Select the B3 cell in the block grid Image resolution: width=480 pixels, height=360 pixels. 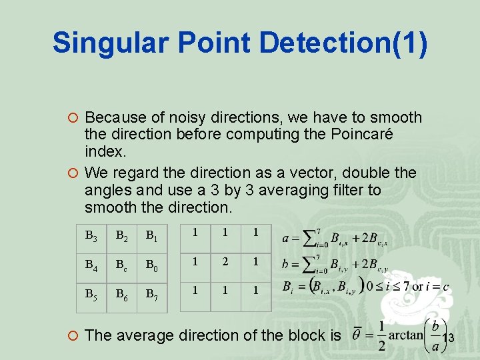point(92,235)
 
